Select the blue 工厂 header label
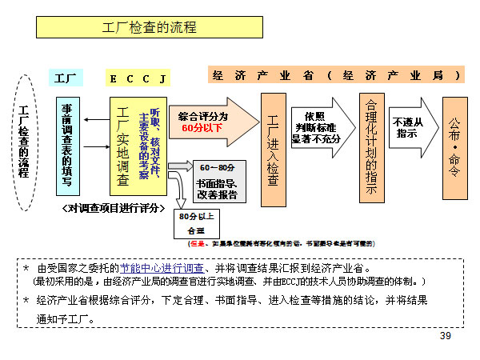[x=66, y=78]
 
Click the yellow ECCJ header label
[x=138, y=78]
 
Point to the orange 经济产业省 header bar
[x=336, y=75]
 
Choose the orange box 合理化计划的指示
[x=370, y=147]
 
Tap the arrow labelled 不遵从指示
[x=414, y=128]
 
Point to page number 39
[x=446, y=336]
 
